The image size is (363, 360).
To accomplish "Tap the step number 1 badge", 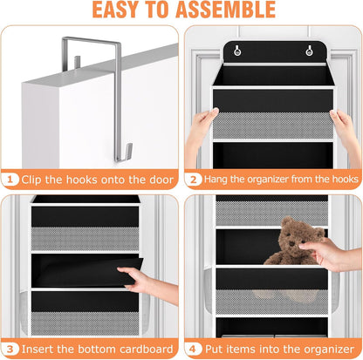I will [x=11, y=180].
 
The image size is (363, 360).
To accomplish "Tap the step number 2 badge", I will [x=194, y=180].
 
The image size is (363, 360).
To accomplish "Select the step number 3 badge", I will [x=11, y=348].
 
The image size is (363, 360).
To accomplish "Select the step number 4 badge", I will [x=194, y=348].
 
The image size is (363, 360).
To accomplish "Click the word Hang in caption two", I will [x=219, y=180].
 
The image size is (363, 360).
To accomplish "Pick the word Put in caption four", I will [x=215, y=348].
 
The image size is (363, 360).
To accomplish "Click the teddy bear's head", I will [x=289, y=234].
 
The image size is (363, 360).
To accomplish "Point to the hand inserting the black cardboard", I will [x=140, y=281].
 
